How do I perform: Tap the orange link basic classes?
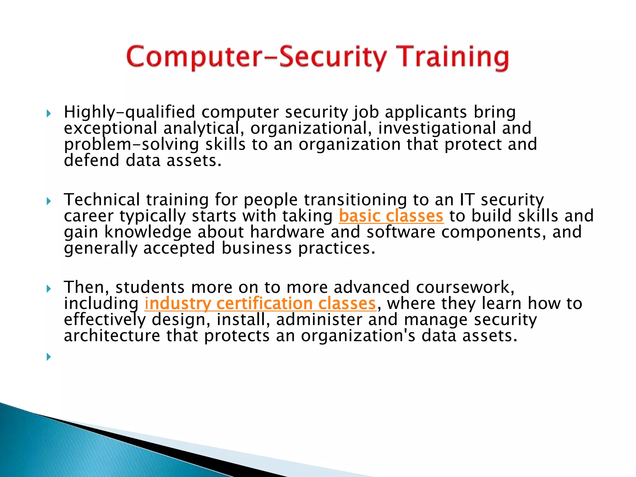pyautogui.click(x=391, y=216)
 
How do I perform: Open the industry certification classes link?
pyautogui.click(x=260, y=303)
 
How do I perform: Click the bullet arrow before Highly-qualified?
pyautogui.click(x=48, y=114)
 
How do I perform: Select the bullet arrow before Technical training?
pyautogui.click(x=48, y=202)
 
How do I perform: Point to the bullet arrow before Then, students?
pyautogui.click(x=48, y=289)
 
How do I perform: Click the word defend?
pyautogui.click(x=92, y=161)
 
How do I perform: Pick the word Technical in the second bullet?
pyautogui.click(x=102, y=200)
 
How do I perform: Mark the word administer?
pyautogui.click(x=319, y=320)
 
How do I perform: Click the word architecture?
pyautogui.click(x=112, y=336)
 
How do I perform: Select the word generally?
pyautogui.click(x=100, y=248)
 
